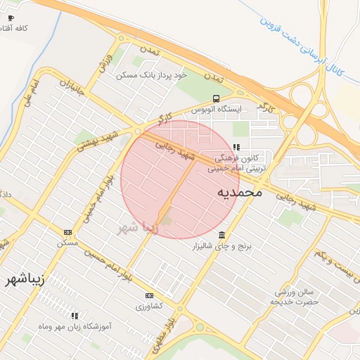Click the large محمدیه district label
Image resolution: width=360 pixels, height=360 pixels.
coord(239,191)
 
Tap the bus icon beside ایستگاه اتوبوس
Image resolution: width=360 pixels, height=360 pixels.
coord(216,99)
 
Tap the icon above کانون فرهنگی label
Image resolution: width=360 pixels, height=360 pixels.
coord(236,147)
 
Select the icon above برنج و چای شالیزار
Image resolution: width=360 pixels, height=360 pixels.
coord(222,235)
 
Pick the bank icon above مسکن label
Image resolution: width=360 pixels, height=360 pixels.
coord(67,232)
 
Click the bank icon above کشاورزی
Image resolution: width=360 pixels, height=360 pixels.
coord(149,296)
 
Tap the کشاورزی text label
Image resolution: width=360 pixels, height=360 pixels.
coord(149,307)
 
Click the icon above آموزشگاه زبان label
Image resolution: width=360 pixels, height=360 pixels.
coord(75,316)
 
